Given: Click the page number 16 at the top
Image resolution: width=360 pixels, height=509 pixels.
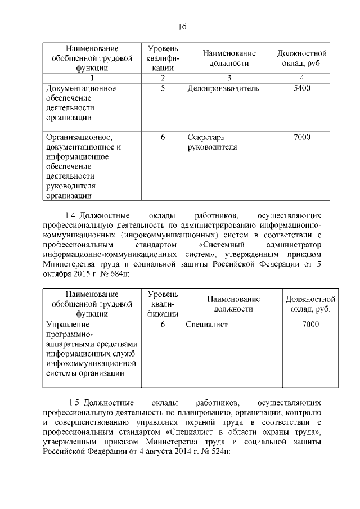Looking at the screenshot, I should pos(182,27).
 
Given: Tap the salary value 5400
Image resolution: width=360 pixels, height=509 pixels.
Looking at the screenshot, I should pos(302,88).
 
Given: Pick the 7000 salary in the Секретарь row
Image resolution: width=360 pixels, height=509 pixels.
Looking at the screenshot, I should pos(302,137).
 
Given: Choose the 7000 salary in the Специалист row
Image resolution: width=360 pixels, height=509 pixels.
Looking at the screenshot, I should pos(310,325).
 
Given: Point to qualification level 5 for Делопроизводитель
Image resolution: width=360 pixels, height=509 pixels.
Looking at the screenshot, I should pos(162,88).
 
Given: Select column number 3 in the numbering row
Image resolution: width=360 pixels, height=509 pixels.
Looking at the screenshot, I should pos(229,78).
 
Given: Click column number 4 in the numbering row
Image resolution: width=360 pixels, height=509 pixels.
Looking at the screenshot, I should pos(302,78).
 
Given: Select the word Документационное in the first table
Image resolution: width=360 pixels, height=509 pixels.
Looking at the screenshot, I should pos(81,88).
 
